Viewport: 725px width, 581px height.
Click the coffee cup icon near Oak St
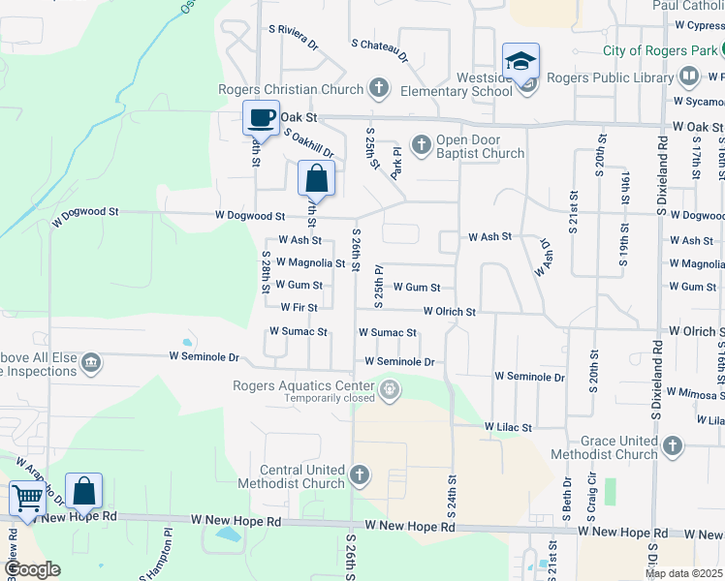tap(260, 118)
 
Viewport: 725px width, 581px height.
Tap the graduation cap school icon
tap(520, 61)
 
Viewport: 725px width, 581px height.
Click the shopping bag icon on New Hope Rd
tap(83, 491)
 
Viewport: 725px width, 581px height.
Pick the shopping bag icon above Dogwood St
tap(316, 178)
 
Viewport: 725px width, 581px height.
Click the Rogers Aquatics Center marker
tap(390, 392)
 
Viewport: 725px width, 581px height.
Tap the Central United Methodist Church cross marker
tap(360, 474)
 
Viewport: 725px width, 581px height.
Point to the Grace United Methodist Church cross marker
tap(672, 446)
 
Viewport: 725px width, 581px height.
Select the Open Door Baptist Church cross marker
tap(421, 145)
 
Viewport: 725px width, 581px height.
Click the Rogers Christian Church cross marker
tap(379, 89)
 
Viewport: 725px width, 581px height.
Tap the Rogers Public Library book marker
tap(688, 76)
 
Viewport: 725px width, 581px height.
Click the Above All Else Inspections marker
tap(91, 363)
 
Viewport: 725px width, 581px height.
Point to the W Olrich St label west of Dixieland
tap(449, 312)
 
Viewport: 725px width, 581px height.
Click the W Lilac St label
tap(508, 426)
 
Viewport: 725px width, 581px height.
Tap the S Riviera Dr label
tap(293, 37)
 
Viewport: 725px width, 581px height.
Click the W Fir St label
tap(299, 307)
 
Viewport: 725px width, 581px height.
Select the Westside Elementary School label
tap(472, 84)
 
